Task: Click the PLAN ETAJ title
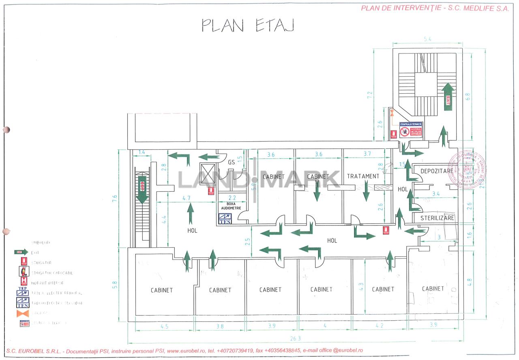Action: tap(248, 25)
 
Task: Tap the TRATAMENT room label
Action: tap(363, 176)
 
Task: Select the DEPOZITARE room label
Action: tap(437, 171)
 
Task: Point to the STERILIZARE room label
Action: tap(437, 218)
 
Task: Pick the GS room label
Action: tap(231, 162)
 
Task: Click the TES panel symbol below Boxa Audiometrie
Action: tap(225, 219)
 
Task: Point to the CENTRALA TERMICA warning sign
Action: tap(411, 129)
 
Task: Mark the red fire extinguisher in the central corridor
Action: tap(385, 230)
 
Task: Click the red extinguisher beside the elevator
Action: tap(211, 191)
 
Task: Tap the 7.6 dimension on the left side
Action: tap(115, 198)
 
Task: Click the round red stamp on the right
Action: tap(467, 169)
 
